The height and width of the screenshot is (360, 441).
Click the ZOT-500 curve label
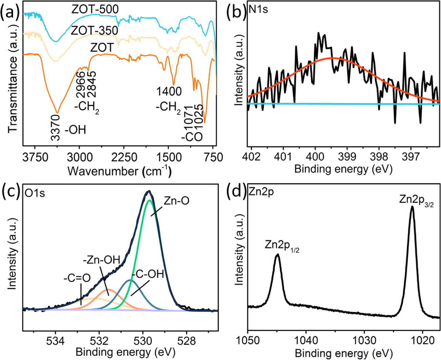(95, 9)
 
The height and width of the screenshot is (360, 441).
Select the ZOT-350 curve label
(94, 31)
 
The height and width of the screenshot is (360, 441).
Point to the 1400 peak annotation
(169, 91)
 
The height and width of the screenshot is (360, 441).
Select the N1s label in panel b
(258, 9)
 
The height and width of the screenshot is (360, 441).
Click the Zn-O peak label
(176, 201)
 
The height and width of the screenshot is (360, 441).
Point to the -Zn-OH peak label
(101, 260)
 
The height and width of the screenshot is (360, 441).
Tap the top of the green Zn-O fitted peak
(149, 201)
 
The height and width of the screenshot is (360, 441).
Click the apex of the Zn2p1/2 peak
(277, 254)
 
